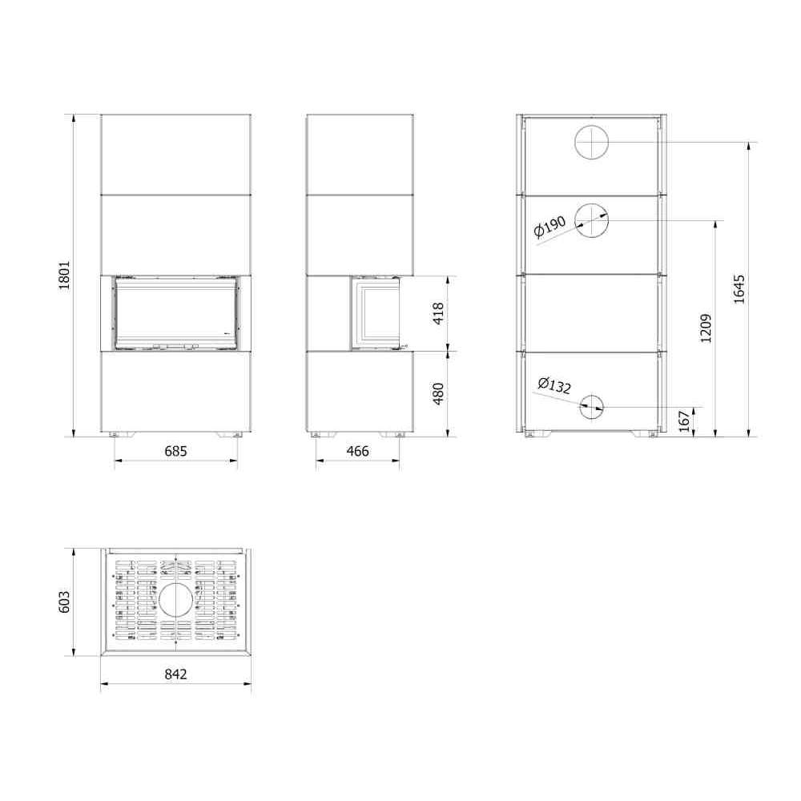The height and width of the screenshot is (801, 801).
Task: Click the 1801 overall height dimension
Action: [x=64, y=276]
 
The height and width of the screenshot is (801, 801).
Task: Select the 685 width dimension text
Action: [x=175, y=452]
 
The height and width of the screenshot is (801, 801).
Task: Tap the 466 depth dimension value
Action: [x=357, y=452]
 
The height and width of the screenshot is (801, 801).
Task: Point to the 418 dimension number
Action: [x=438, y=313]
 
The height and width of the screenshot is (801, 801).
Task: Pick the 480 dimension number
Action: [x=438, y=394]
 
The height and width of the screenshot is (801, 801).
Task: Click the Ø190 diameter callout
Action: [x=549, y=227]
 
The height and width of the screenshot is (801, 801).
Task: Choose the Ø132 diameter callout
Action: [x=554, y=385]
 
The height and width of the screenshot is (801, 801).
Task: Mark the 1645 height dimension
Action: [x=739, y=290]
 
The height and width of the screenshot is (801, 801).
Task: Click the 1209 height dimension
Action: [x=706, y=328]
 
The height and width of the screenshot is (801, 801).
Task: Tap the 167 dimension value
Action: [x=685, y=421]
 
